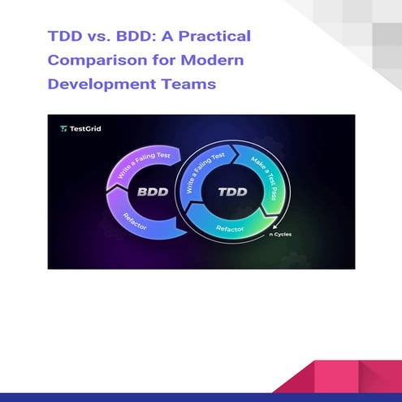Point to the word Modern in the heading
pyautogui.click(x=208, y=61)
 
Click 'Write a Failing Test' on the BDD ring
pyautogui.click(x=134, y=162)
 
